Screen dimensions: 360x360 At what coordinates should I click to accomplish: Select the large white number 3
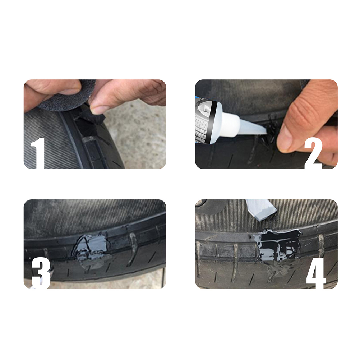pyautogui.click(x=41, y=273)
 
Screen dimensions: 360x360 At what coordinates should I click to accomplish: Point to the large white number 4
pyautogui.click(x=316, y=273)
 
